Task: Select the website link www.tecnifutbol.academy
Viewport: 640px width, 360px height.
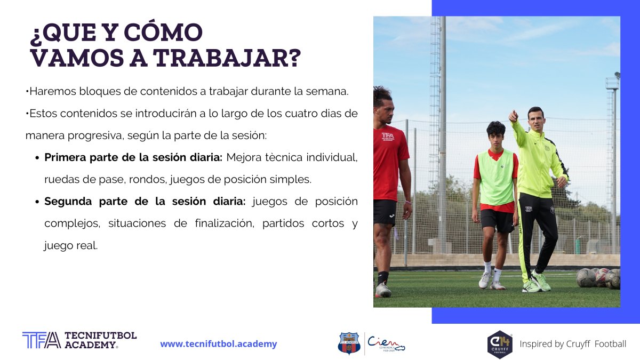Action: [x=219, y=343]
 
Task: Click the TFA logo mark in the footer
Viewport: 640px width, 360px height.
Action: [x=42, y=340]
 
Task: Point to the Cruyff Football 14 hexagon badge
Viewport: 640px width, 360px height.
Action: [x=500, y=345]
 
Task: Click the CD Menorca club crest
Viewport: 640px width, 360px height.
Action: [x=349, y=343]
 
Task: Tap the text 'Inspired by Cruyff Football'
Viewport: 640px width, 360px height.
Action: [x=573, y=344]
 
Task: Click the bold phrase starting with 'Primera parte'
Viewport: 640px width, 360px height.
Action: [x=133, y=157]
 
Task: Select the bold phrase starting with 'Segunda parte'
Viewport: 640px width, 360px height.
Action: [x=145, y=202]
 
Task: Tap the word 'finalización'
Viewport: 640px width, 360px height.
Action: [x=225, y=223]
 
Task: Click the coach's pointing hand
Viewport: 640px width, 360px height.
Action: [x=513, y=116]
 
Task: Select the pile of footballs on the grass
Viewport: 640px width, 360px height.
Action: [x=598, y=278]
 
